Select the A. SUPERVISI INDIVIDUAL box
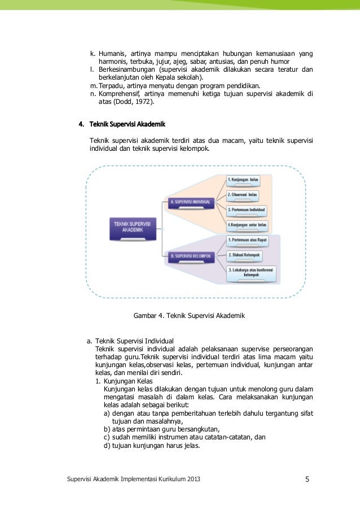(x=190, y=202)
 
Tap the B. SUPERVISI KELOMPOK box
(x=190, y=256)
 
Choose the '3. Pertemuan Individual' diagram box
(x=246, y=210)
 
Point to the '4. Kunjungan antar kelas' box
(x=247, y=225)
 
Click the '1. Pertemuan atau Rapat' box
(x=247, y=240)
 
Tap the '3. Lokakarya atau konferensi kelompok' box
(x=252, y=273)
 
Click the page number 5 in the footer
(x=307, y=480)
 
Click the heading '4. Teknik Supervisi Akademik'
(x=121, y=123)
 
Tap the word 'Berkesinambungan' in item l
(x=126, y=69)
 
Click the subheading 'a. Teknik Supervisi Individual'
(x=130, y=341)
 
